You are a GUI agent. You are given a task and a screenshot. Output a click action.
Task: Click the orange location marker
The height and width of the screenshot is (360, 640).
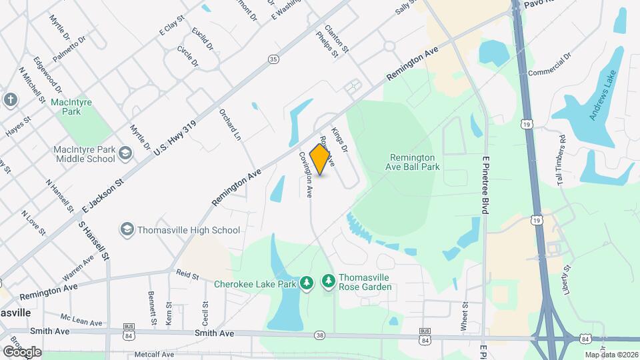[321, 159]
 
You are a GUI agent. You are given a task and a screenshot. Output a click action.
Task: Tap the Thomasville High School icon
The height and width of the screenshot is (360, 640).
[126, 230]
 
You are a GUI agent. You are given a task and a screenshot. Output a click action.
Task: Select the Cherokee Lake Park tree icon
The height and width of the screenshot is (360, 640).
[307, 283]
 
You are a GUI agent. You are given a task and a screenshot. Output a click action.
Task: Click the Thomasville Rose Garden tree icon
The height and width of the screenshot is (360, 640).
[328, 282]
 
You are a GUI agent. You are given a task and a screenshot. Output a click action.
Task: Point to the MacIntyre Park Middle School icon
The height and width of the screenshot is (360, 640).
[125, 154]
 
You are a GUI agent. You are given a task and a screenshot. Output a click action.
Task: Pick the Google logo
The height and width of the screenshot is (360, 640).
[21, 351]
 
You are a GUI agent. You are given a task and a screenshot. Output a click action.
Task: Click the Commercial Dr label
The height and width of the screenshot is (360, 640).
[550, 65]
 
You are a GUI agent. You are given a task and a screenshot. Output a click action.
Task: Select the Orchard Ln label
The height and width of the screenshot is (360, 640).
[230, 125]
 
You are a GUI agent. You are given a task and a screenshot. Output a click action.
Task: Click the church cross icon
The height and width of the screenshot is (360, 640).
[10, 100]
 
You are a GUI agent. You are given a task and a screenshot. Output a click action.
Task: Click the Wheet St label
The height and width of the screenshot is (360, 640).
[465, 316]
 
